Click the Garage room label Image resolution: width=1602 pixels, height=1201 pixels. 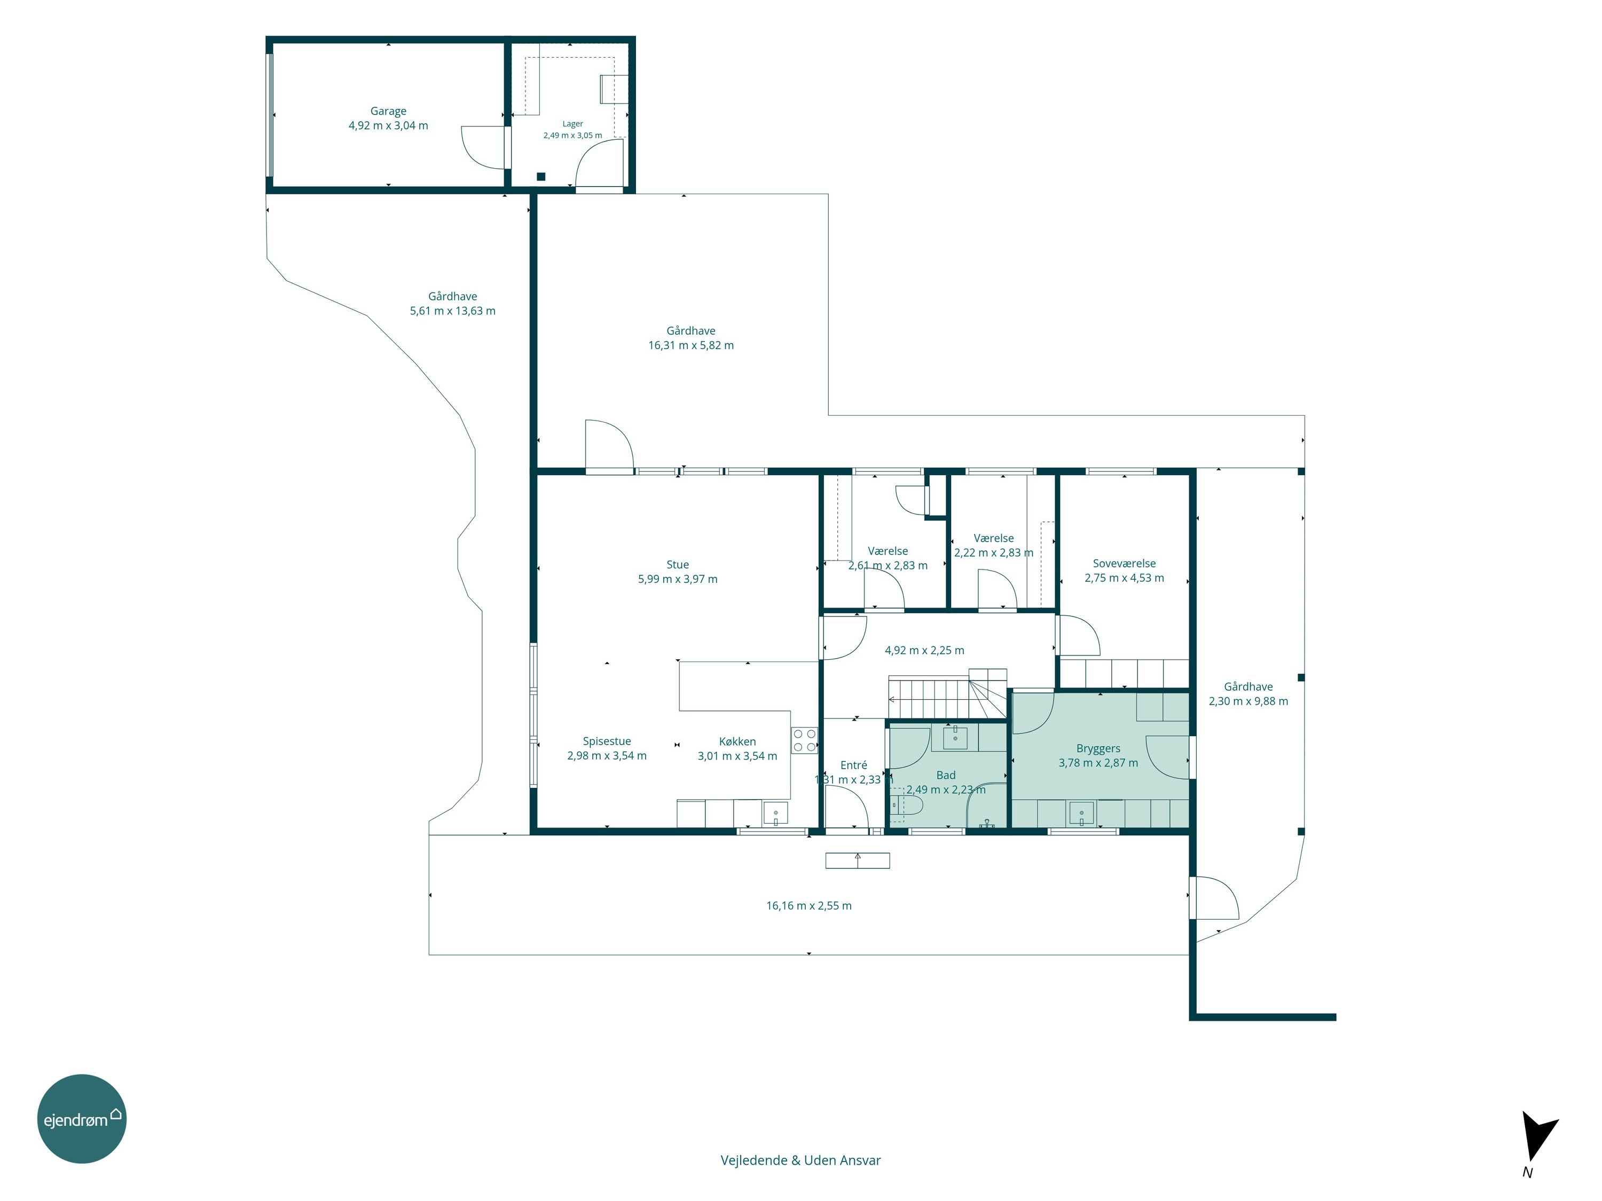click(388, 112)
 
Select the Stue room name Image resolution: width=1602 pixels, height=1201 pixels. click(678, 565)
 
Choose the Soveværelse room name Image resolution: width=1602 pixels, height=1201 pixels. click(1124, 563)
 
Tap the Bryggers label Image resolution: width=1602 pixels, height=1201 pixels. click(1098, 748)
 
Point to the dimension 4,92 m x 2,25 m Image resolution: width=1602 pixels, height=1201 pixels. click(924, 650)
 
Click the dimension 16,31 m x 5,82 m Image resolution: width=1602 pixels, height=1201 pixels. click(691, 345)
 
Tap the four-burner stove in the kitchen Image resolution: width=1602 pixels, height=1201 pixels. click(804, 740)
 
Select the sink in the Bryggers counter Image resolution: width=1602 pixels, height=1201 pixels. click(1081, 813)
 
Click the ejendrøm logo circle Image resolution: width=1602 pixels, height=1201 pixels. click(82, 1118)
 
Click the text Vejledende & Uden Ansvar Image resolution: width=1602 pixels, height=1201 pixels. click(800, 1160)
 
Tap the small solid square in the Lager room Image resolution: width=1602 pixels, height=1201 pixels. click(541, 177)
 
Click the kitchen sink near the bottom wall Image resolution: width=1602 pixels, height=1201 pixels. click(776, 813)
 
